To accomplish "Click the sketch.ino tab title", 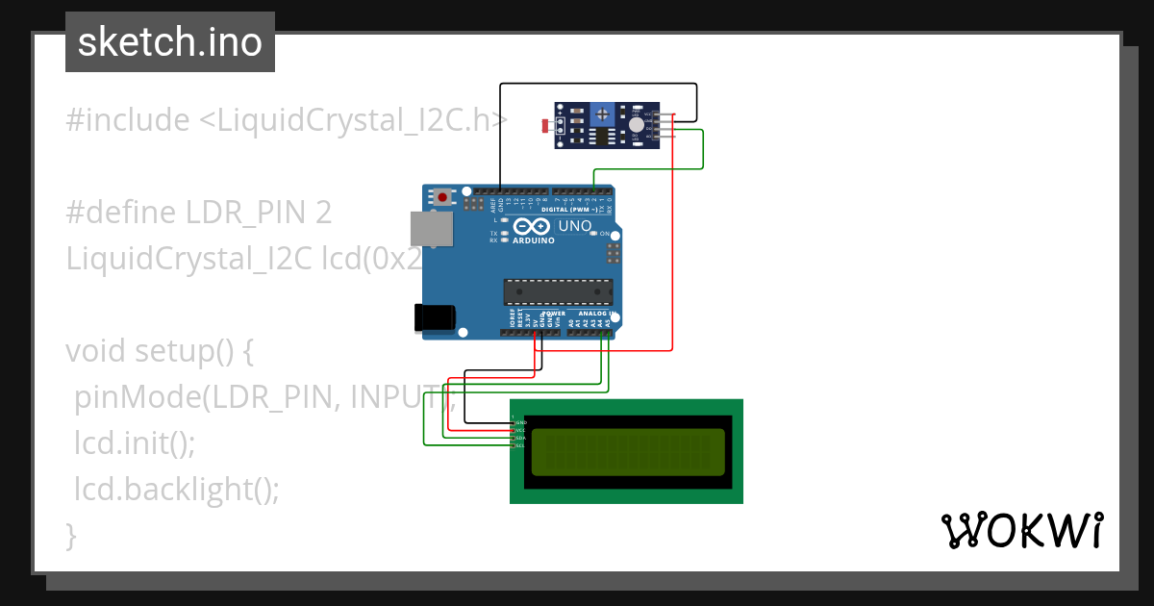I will (x=170, y=42).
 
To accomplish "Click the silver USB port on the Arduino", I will (x=432, y=228).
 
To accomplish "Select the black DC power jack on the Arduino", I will (x=433, y=318).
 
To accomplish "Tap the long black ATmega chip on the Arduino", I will (x=559, y=291).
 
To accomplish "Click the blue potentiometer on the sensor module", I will (x=603, y=114).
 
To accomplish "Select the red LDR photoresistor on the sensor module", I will (x=547, y=126).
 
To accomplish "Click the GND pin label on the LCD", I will (x=520, y=422).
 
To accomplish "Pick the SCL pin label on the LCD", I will (x=520, y=445).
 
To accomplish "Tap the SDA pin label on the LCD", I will (x=520, y=438).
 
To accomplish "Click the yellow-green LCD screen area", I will (x=628, y=452).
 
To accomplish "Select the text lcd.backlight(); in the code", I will (x=177, y=490).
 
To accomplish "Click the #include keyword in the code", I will (x=128, y=121).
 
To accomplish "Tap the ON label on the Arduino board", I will (x=606, y=234).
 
